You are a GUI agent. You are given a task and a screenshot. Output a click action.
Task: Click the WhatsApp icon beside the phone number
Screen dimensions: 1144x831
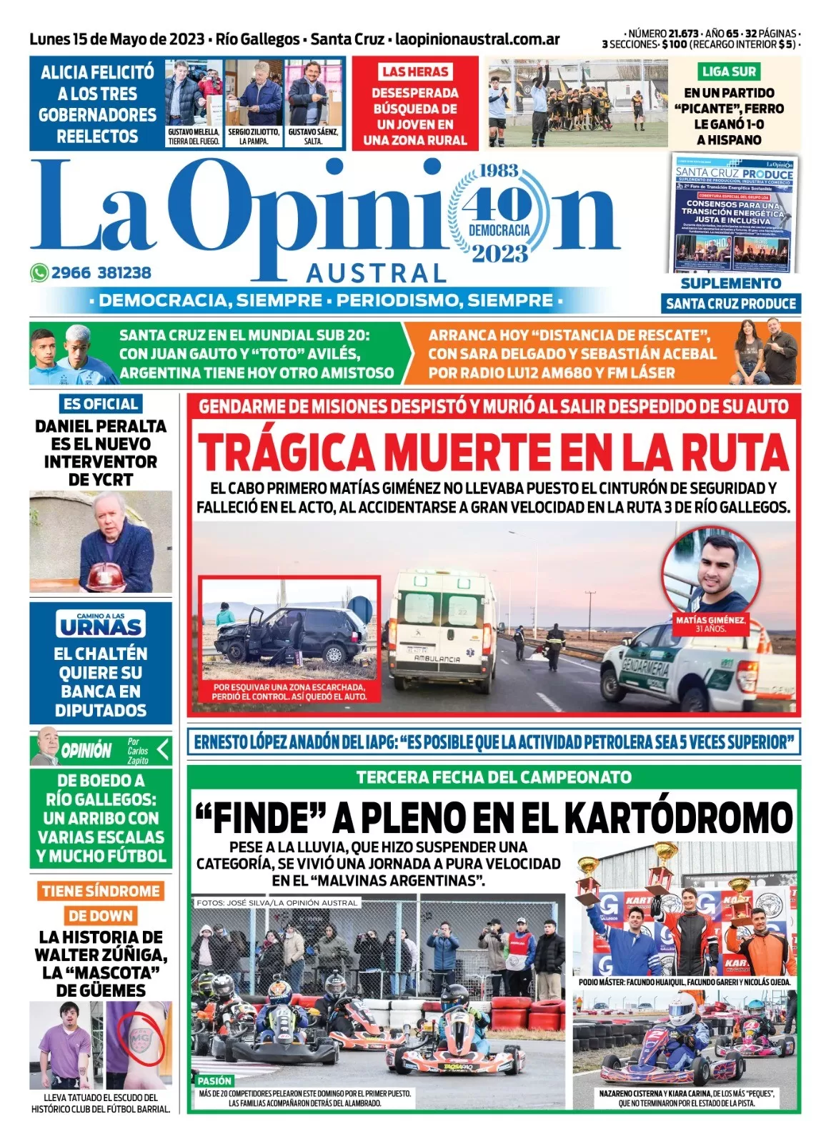tap(39, 272)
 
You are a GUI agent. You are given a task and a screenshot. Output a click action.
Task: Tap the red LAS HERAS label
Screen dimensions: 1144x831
tap(414, 71)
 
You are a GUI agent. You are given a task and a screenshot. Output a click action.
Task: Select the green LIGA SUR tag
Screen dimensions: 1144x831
tap(728, 71)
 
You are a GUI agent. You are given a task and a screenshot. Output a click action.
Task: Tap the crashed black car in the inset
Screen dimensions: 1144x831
tap(286, 634)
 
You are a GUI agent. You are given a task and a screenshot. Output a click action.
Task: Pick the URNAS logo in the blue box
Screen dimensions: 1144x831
tap(101, 624)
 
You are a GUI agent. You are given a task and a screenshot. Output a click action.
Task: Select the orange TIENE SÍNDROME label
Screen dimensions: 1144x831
tap(101, 891)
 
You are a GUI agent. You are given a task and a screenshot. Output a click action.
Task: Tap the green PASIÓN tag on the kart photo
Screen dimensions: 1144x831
tap(214, 1081)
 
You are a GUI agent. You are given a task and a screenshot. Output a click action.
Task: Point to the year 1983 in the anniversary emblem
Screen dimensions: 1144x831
tap(499, 172)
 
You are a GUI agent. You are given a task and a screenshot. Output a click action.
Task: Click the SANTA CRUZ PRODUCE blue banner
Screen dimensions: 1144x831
tap(731, 303)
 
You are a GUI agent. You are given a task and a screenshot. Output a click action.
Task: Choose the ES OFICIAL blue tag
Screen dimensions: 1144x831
tap(101, 403)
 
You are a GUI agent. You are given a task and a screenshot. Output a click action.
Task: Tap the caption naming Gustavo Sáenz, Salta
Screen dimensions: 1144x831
tap(313, 137)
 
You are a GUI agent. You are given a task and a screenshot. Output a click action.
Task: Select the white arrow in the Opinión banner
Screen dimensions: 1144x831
tap(163, 749)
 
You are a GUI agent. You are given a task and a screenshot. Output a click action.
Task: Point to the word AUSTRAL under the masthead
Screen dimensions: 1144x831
tap(376, 273)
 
